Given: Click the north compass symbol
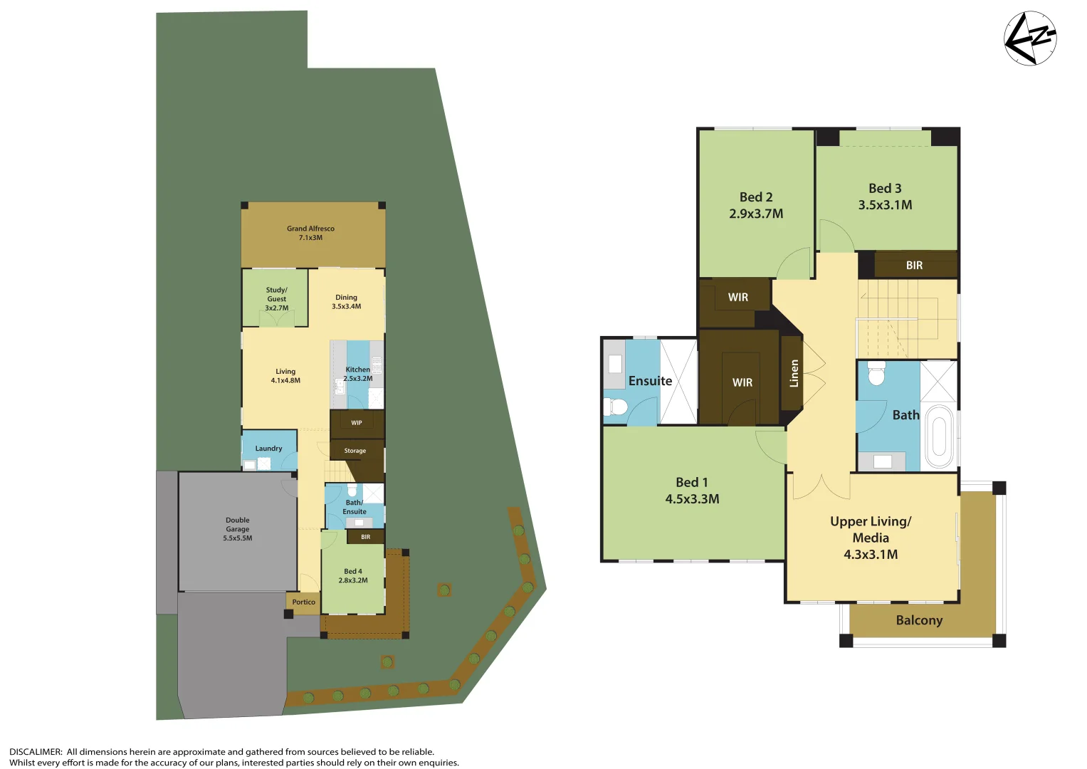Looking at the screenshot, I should tap(1030, 38).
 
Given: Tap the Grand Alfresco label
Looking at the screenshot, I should tap(310, 233).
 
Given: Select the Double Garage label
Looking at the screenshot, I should tap(238, 529).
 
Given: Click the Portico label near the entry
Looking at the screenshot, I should tap(303, 602).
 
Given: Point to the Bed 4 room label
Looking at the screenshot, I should tap(353, 575).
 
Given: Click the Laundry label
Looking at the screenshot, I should tap(268, 449).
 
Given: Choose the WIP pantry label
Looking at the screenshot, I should tap(357, 423).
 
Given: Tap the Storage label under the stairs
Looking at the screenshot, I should tap(355, 451).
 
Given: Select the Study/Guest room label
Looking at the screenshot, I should tap(277, 298).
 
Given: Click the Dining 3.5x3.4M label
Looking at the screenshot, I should tap(347, 302).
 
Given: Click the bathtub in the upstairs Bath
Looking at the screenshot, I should tap(939, 436).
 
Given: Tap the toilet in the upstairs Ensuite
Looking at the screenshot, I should tap(616, 407).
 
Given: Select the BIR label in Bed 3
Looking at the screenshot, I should tap(914, 266).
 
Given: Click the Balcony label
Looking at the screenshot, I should tap(919, 620).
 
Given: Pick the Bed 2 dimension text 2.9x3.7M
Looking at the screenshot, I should tap(756, 214).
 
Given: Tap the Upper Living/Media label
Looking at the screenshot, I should tap(871, 538).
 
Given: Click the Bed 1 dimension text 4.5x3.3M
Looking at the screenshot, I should tap(692, 499).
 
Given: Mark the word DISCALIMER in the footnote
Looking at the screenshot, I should tap(36, 752).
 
